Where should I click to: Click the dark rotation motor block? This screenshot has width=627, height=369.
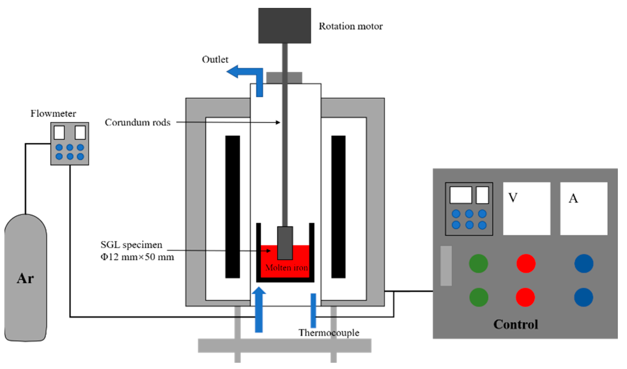point(284,25)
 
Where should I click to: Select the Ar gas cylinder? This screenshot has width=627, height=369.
point(25,278)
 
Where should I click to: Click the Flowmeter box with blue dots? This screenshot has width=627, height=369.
point(70,144)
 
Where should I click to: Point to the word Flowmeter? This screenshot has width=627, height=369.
point(53,113)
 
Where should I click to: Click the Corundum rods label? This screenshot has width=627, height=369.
point(138,122)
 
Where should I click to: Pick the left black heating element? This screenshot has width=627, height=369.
point(233,207)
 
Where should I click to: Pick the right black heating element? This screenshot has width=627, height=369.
point(338,207)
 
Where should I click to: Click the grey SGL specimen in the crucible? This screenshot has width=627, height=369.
point(285,243)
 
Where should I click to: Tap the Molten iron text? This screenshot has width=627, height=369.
point(287,267)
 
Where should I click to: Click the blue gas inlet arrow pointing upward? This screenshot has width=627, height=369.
point(259,309)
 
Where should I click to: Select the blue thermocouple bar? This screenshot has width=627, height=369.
point(313,310)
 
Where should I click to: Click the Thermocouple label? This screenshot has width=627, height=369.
point(329,332)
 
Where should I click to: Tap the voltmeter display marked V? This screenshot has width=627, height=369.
point(527,209)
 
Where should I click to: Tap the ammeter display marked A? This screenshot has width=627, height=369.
point(584,209)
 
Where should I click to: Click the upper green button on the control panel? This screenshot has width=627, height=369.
point(479,264)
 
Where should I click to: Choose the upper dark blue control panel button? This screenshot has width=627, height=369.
point(584,264)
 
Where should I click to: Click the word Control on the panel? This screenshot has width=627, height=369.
point(516,324)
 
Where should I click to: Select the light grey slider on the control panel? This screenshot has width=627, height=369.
point(446,266)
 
